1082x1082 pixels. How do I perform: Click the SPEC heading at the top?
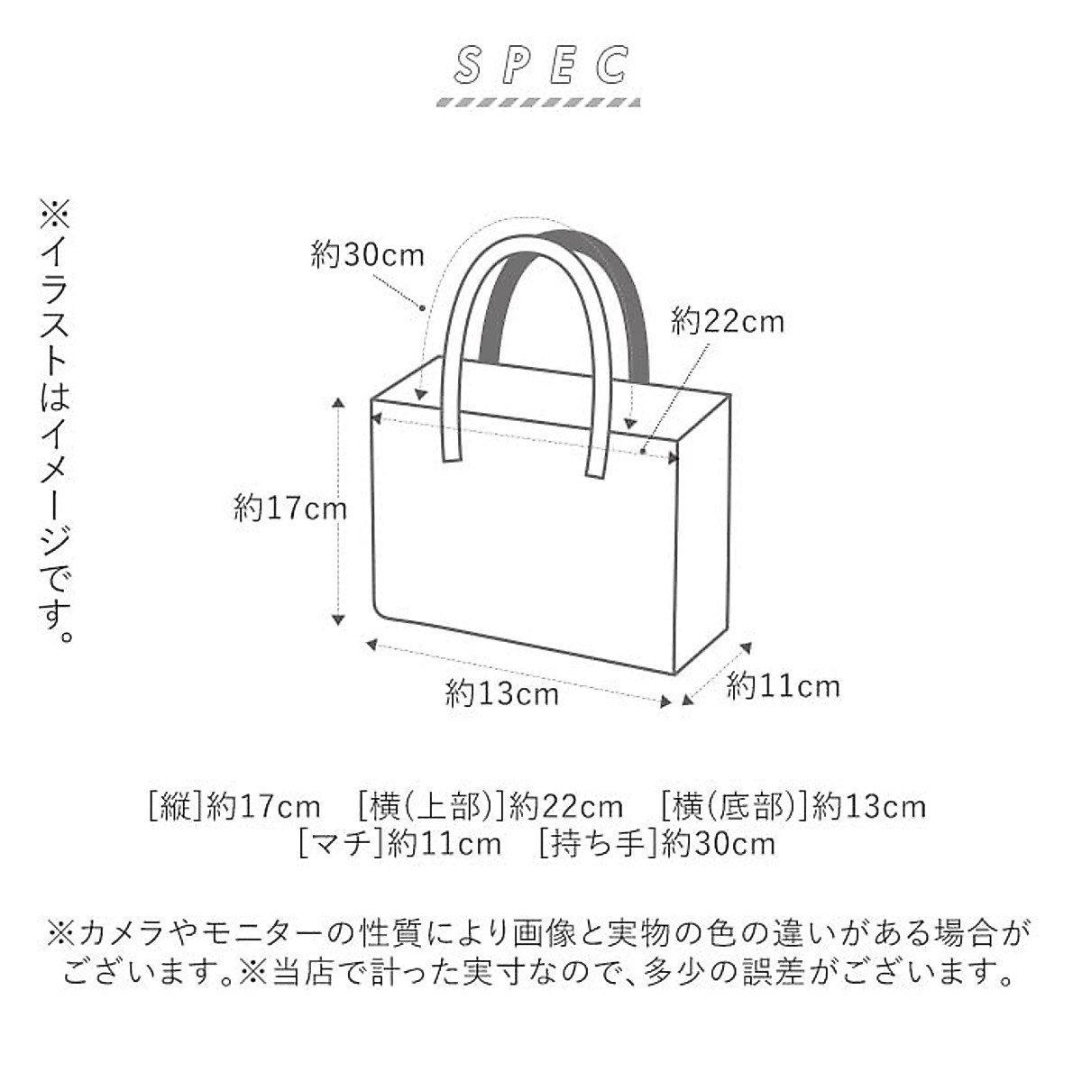541,65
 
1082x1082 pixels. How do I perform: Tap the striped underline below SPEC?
538,101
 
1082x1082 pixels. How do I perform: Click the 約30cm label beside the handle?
367,255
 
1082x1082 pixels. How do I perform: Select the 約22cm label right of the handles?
727,321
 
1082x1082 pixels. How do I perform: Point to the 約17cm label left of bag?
289,509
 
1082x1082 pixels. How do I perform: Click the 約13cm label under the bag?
501,693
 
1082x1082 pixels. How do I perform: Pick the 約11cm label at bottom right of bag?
783,687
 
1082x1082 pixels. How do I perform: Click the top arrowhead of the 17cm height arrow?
338,403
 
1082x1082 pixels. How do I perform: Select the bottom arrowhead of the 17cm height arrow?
338,619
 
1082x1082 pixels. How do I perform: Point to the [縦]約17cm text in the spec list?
234,805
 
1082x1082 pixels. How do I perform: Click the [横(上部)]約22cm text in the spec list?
490,805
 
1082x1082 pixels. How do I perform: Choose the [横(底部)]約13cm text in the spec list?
793,805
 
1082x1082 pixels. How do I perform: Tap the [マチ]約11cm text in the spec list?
399,844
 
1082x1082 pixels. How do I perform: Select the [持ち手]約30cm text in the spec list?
656,844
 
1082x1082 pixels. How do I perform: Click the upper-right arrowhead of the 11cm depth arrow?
746,646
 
